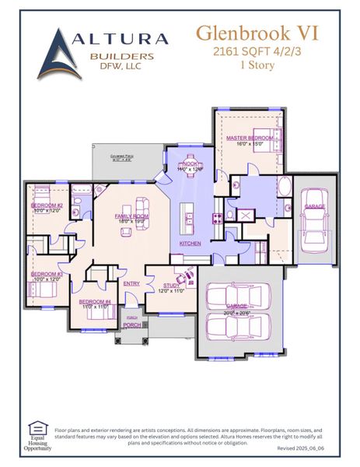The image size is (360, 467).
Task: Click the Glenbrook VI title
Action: coord(256,33)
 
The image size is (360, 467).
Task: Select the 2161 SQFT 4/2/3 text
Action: coord(256,51)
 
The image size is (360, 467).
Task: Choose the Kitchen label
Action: coord(190,244)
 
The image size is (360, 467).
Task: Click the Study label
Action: coord(171,286)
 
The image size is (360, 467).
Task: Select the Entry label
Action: coord(131,283)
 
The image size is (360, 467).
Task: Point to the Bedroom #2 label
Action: coord(47,205)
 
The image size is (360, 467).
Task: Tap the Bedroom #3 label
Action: coord(47,274)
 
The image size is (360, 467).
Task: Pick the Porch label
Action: coord(132,325)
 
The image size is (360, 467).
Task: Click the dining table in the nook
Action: coord(189,163)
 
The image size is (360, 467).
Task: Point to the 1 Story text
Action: coord(256,65)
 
